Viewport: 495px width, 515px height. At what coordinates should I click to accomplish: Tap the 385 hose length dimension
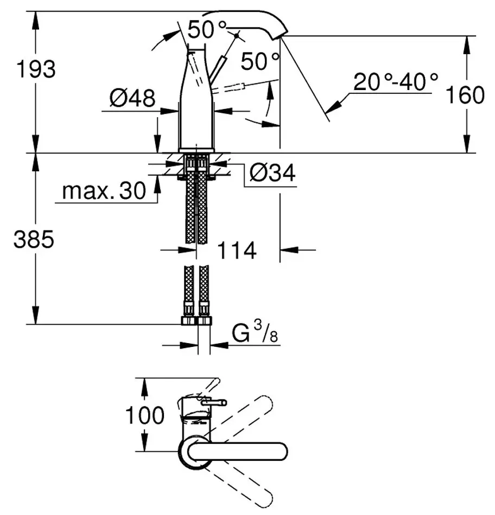(x=34, y=239)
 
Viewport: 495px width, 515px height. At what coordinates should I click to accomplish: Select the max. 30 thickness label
(x=104, y=191)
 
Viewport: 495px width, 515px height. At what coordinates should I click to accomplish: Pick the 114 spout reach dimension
(x=237, y=250)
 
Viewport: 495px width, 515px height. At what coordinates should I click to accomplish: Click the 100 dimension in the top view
(x=144, y=416)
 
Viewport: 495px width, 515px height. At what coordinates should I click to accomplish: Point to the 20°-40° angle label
(x=396, y=82)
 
